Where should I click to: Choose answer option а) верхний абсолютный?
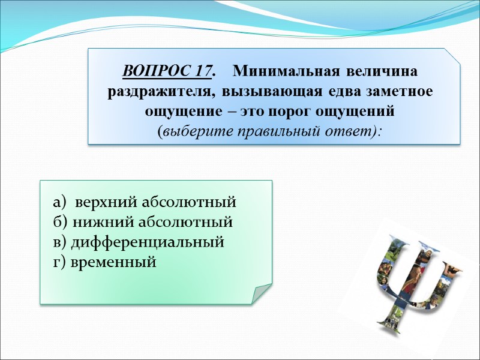coord(145,201)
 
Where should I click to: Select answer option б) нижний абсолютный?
coord(143,222)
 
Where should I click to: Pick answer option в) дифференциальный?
coord(139,242)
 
